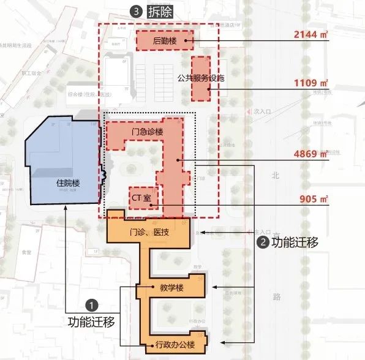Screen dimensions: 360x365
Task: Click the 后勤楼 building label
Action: (x=165, y=41)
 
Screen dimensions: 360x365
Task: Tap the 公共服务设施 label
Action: (x=201, y=78)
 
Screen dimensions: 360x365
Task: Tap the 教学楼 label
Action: (x=171, y=287)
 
